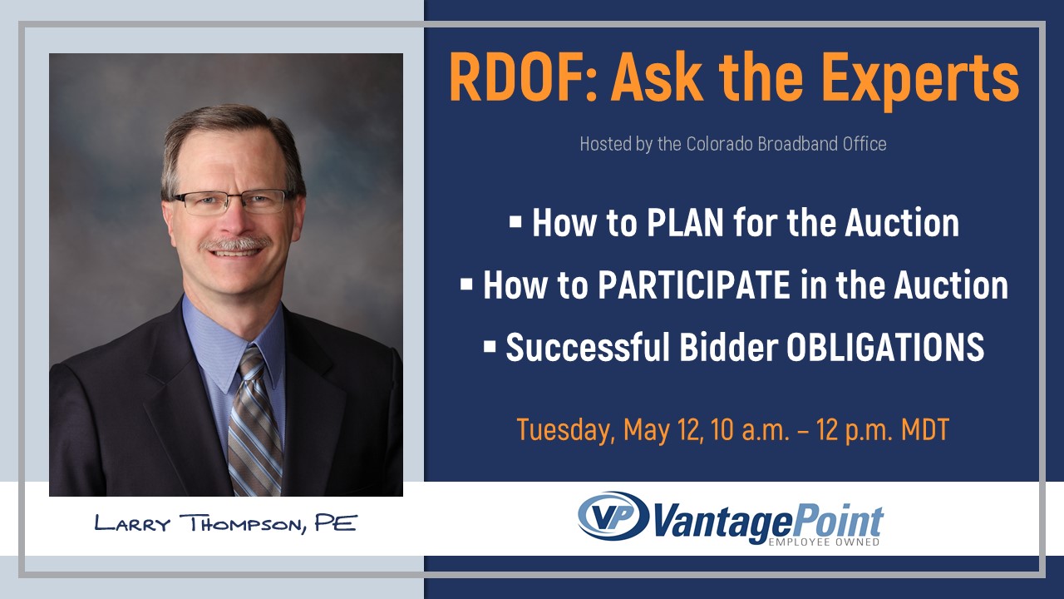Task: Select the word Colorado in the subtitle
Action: click(x=727, y=144)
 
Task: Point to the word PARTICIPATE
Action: click(x=693, y=285)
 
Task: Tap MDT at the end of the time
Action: click(x=924, y=430)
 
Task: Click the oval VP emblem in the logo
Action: click(x=613, y=516)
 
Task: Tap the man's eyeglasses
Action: click(x=234, y=200)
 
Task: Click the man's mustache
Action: click(x=239, y=244)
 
